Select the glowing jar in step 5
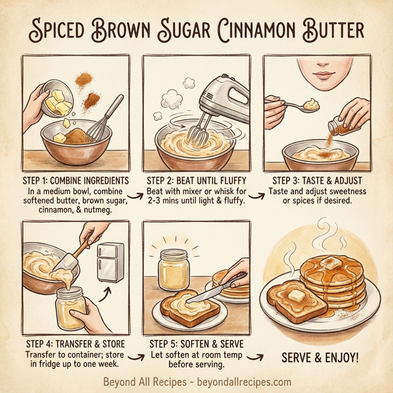pos(174,269)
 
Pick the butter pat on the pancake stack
pos(329,261)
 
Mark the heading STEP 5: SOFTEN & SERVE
pos(195,342)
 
